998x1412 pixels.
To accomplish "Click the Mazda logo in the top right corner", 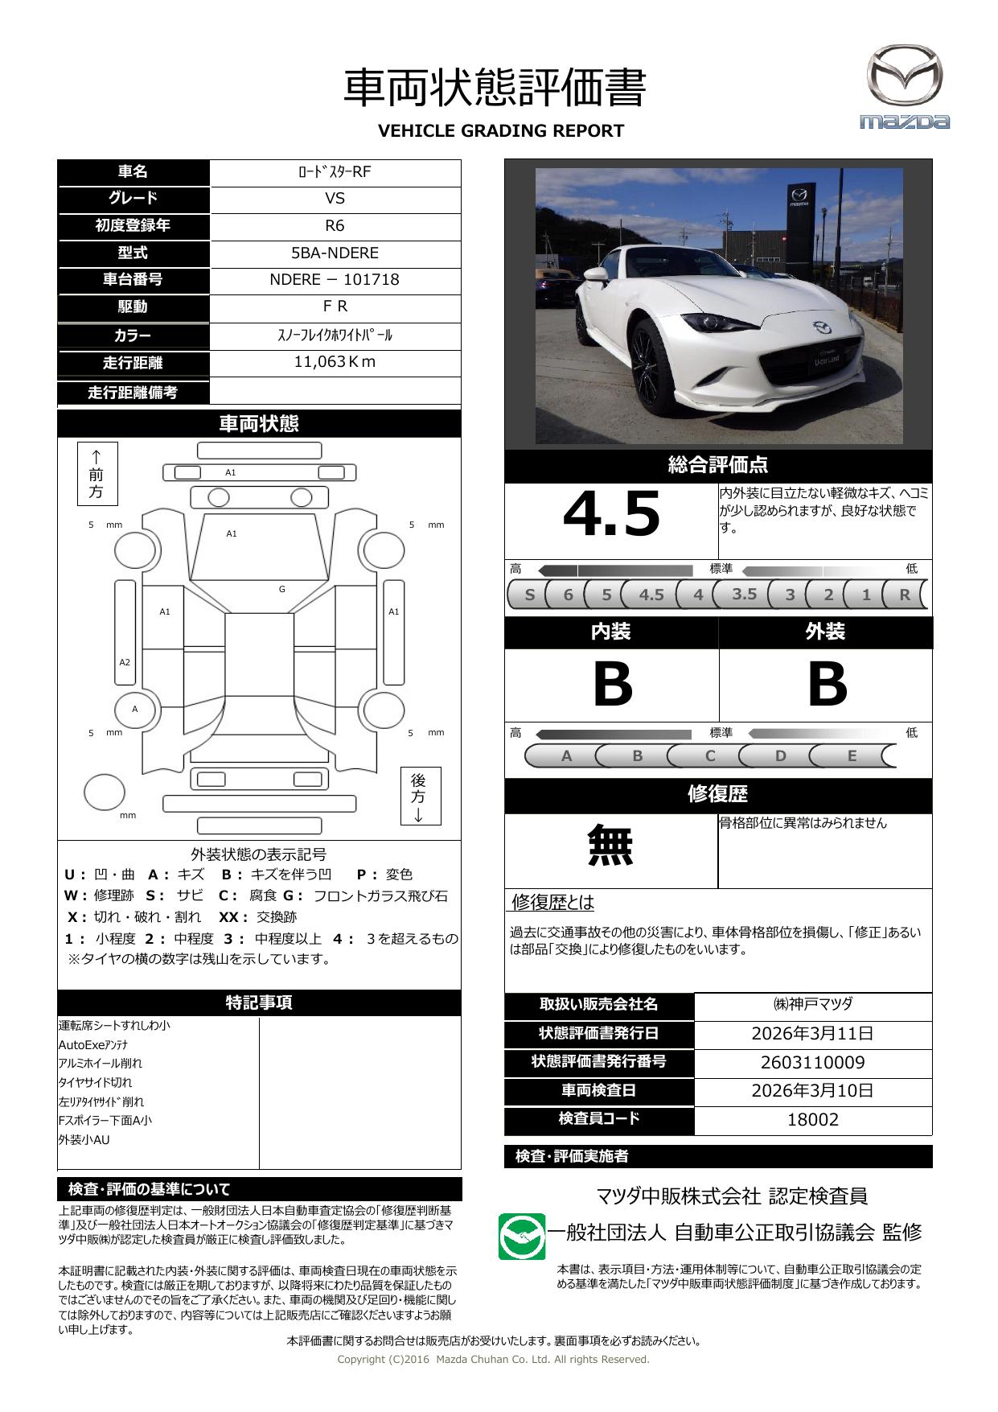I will tap(905, 87).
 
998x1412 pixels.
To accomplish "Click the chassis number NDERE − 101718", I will tap(335, 280).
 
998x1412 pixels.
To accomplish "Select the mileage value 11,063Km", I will tap(335, 362).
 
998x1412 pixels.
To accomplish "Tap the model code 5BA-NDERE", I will tap(335, 253).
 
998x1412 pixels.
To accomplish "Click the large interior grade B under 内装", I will tap(612, 685).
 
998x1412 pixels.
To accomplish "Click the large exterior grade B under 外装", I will tap(827, 685).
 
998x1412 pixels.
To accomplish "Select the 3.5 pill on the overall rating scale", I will tap(745, 594).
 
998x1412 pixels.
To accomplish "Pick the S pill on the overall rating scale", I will tap(529, 595).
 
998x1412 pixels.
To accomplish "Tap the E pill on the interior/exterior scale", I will tap(852, 756).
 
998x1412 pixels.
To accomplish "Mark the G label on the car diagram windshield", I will tap(282, 590).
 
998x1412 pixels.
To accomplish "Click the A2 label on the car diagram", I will tap(125, 663).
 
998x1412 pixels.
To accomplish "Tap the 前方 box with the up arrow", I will tap(97, 473).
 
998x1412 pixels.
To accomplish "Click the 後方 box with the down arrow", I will tap(420, 796).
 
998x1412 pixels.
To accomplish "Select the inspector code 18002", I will tap(812, 1120).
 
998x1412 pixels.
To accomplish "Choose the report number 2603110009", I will tap(812, 1063).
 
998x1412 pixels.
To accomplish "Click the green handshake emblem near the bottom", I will tap(522, 1237).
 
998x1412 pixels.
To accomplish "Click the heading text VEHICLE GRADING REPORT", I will tap(500, 131).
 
